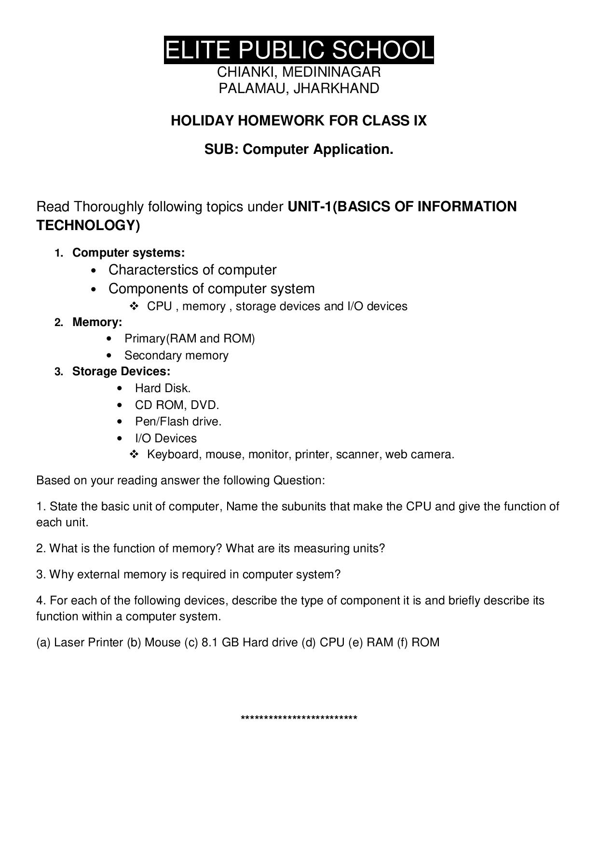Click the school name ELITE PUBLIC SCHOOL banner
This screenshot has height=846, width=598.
(x=299, y=50)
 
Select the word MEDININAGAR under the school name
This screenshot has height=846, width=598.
(x=331, y=72)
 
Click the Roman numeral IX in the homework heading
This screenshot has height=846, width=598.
(x=420, y=121)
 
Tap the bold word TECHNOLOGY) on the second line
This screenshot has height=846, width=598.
(x=88, y=225)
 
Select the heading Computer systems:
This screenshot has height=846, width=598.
(x=128, y=253)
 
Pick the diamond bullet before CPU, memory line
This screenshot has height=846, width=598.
(x=134, y=306)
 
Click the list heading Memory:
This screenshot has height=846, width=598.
(x=97, y=322)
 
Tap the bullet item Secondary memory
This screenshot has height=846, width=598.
(x=176, y=355)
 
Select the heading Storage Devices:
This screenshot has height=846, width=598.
(x=121, y=371)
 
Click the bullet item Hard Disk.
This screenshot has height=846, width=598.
(x=163, y=388)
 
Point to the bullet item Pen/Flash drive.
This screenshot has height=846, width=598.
(x=178, y=422)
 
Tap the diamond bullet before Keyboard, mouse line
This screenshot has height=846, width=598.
(x=134, y=454)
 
